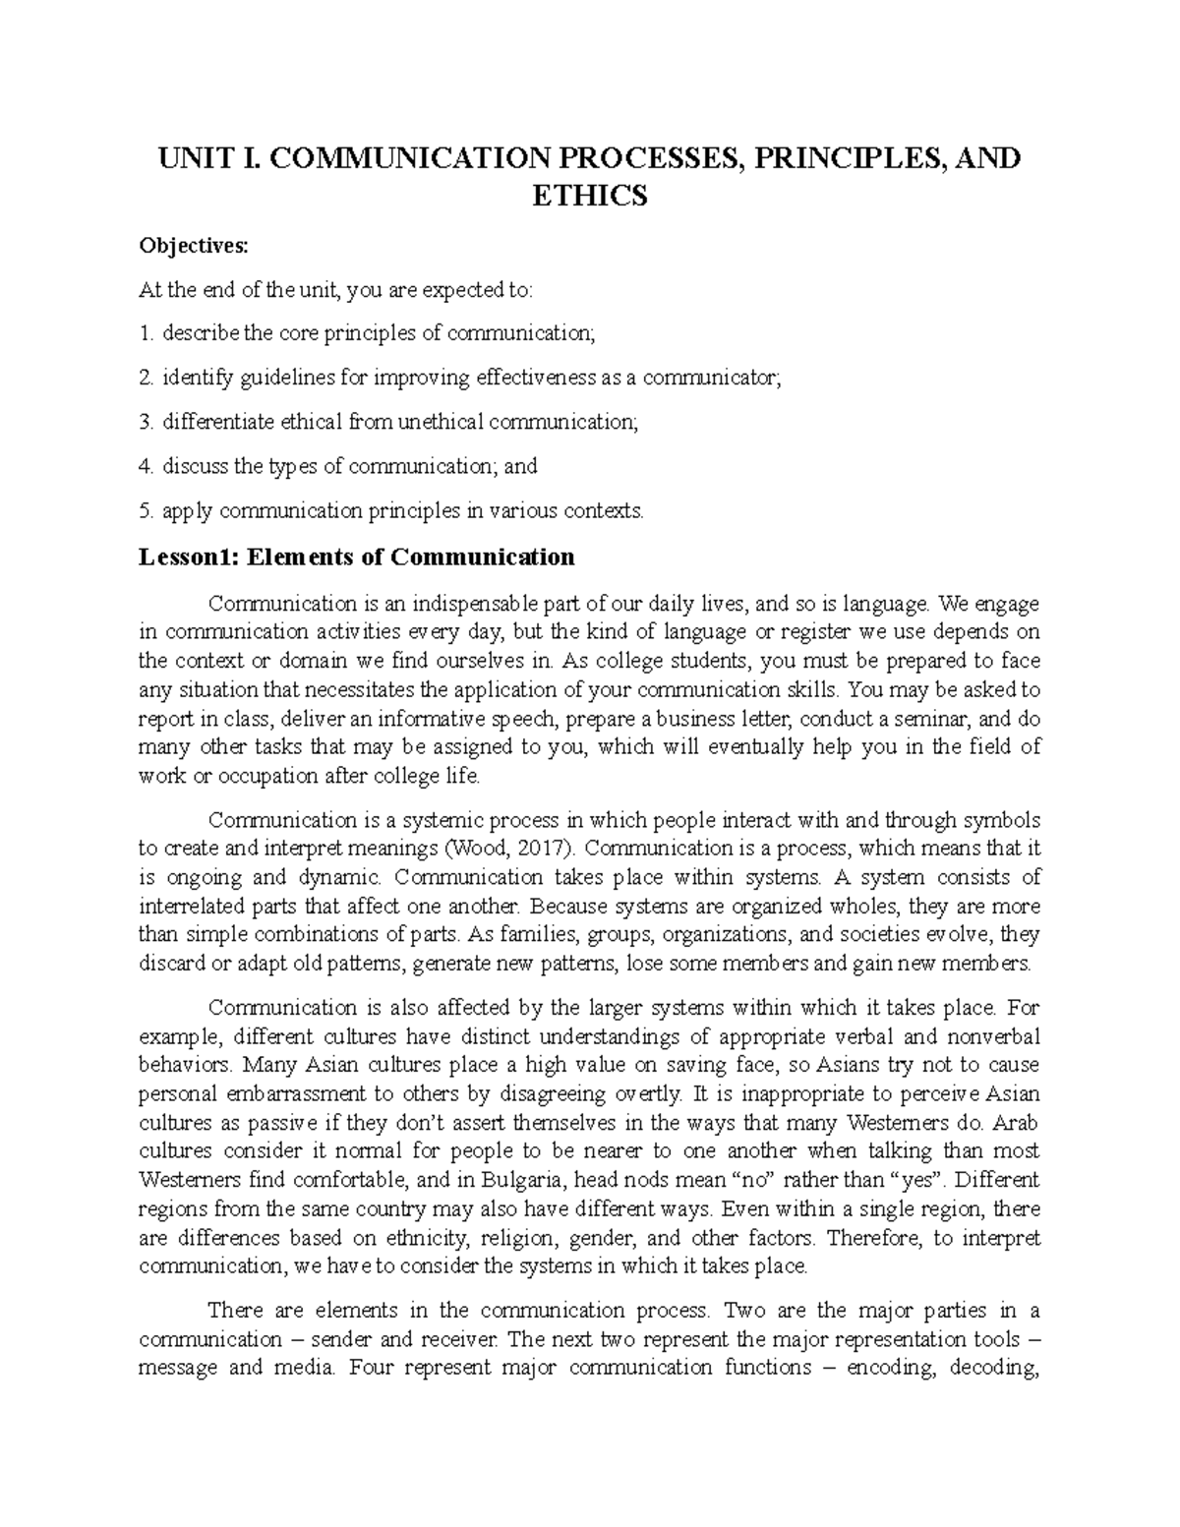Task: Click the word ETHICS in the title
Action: (x=589, y=197)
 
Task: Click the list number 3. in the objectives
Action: (x=147, y=422)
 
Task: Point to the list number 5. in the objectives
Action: (x=147, y=510)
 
